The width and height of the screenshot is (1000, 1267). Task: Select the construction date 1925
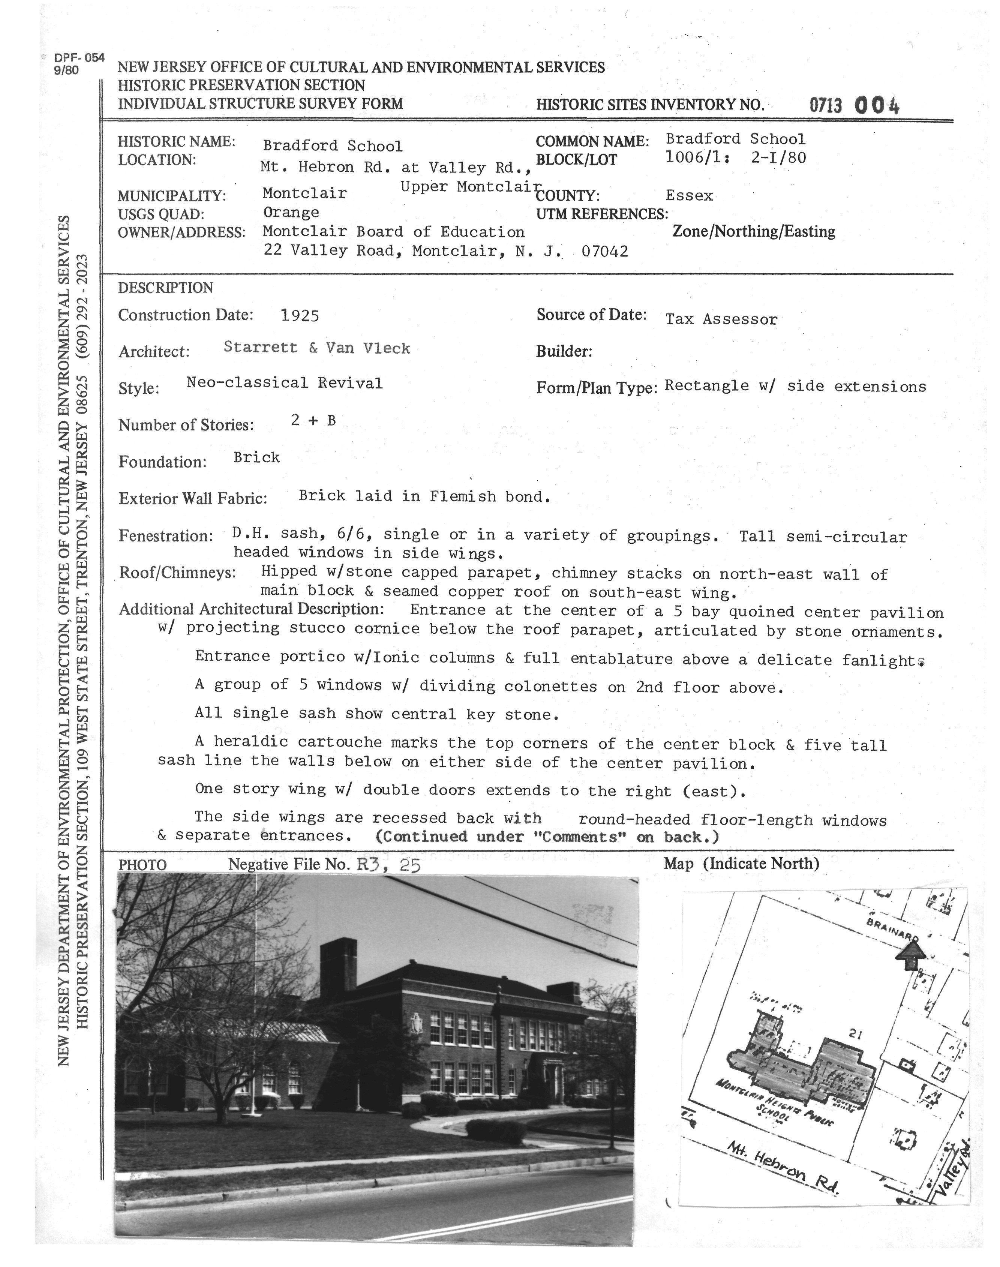point(300,316)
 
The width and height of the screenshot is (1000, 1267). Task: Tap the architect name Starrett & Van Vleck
point(317,348)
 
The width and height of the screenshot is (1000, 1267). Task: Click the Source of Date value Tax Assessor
point(721,319)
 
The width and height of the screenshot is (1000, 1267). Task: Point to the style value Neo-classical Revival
point(285,384)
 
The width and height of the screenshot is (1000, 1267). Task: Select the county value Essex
point(689,196)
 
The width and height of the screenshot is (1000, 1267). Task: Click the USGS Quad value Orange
point(291,213)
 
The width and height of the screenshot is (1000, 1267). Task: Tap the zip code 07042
point(605,252)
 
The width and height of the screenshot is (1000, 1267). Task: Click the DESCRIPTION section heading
point(166,288)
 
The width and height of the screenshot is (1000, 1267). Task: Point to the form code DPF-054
point(79,58)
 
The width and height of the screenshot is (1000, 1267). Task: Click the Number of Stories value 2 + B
point(313,420)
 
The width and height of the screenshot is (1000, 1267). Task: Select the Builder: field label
point(564,351)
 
